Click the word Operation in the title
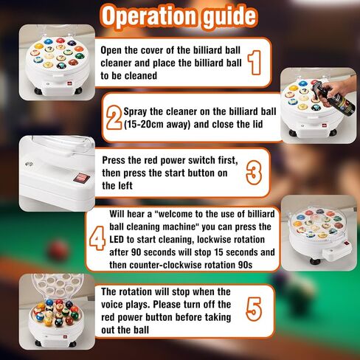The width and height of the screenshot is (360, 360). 150,17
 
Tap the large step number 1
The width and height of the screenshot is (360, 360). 255,63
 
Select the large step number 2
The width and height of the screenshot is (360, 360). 114,117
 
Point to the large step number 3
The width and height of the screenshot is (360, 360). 254,173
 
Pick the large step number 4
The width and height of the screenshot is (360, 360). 97,238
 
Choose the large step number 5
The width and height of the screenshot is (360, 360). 254,309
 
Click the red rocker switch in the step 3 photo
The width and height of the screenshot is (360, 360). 81,178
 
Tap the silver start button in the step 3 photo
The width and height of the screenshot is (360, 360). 28,164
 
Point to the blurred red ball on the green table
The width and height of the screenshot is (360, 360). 58,250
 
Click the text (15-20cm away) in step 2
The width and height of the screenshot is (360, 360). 157,125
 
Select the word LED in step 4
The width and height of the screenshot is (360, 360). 117,239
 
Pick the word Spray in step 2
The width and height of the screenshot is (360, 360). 136,112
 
